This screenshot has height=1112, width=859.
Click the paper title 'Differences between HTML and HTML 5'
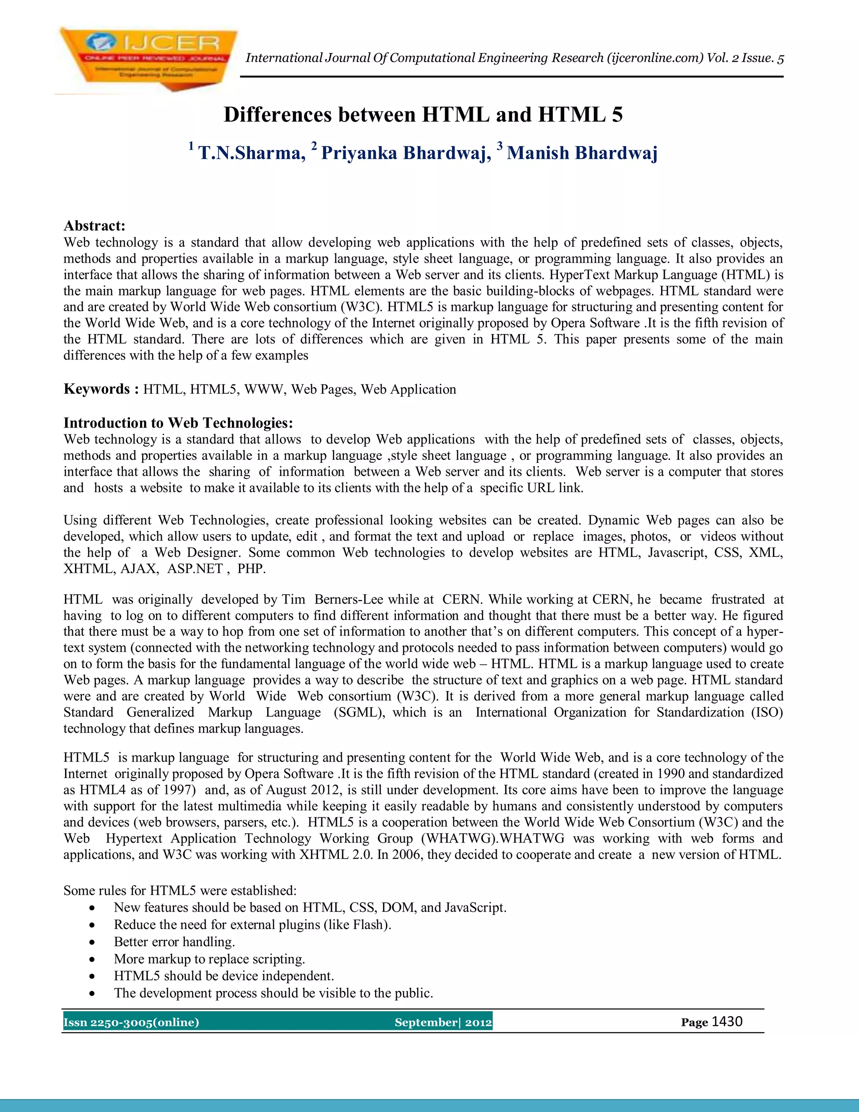(x=423, y=115)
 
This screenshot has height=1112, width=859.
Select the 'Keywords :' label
(x=101, y=389)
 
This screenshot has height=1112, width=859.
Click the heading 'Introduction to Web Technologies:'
(x=178, y=423)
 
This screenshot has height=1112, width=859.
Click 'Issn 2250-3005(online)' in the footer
(x=131, y=1022)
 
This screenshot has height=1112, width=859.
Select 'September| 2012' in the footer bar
(x=443, y=1022)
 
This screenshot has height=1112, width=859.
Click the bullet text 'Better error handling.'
(x=174, y=942)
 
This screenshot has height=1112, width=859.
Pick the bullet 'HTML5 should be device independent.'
(x=224, y=976)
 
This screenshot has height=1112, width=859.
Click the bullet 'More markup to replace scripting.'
(x=209, y=959)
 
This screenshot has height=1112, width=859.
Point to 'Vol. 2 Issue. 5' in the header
(x=745, y=58)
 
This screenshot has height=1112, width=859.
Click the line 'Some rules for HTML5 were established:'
(x=180, y=890)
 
